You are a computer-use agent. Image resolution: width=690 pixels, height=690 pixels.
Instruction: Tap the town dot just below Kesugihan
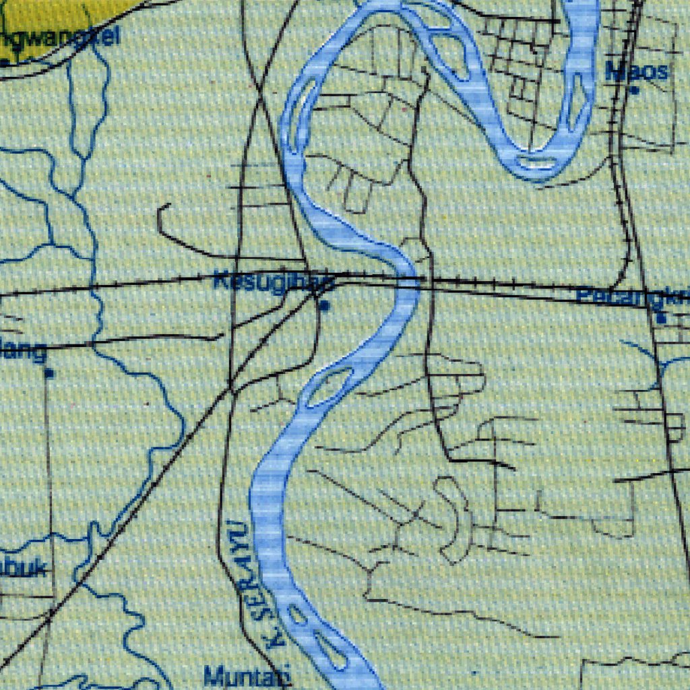[x=325, y=306]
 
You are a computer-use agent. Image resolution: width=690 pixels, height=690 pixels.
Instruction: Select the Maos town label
[x=637, y=71]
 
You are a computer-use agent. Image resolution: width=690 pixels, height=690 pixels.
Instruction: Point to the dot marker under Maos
[x=635, y=90]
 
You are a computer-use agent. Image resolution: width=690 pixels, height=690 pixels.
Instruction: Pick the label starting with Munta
[x=246, y=675]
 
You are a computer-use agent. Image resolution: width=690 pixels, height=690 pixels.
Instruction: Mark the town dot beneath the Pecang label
[x=662, y=317]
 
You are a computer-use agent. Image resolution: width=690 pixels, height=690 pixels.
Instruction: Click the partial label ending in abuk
[x=24, y=568]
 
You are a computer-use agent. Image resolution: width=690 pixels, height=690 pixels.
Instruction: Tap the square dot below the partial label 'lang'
[x=49, y=372]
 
